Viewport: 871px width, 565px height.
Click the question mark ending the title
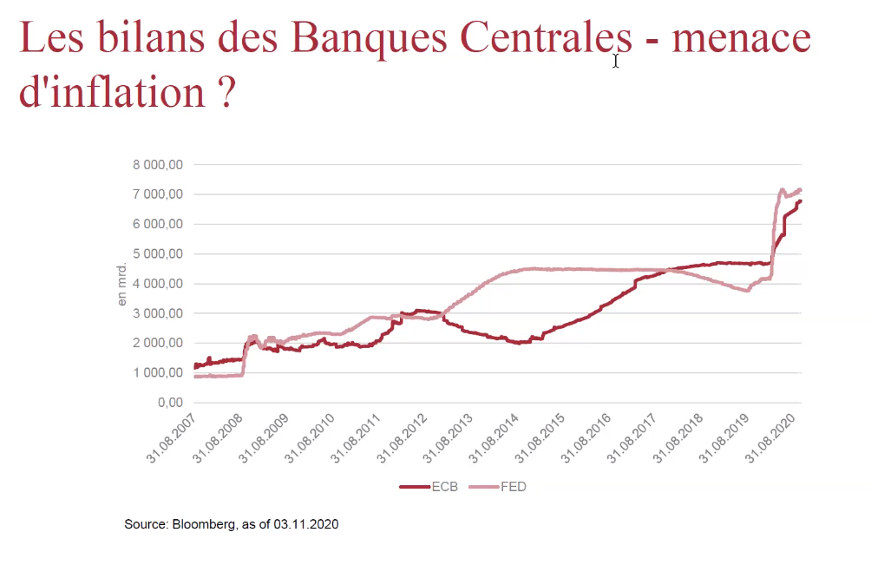(x=227, y=92)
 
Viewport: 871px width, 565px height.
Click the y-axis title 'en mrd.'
(x=122, y=284)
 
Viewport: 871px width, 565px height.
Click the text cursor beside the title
(x=616, y=61)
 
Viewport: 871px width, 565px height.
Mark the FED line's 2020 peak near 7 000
(x=782, y=189)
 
